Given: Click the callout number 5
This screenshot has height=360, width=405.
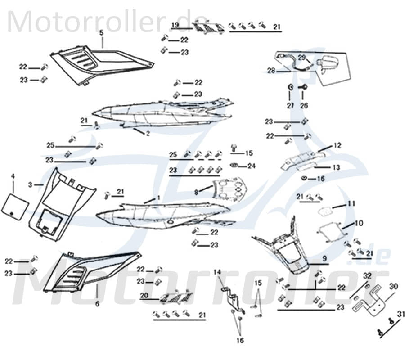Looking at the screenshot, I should tap(101, 32).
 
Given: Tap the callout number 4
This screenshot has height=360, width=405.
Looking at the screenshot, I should tap(13, 175).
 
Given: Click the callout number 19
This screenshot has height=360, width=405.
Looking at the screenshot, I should tap(175, 24).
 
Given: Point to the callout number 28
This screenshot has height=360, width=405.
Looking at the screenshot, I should tap(271, 71).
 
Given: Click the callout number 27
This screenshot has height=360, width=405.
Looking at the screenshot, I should tap(291, 105).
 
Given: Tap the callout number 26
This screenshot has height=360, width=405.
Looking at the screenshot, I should tap(304, 105).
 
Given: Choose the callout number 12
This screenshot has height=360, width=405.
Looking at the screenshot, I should tap(337, 145).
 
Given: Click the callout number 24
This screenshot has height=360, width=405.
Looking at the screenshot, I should tap(251, 166).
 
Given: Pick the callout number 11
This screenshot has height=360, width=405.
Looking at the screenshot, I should tap(351, 204).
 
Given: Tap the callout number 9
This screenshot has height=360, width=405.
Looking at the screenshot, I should tap(324, 259).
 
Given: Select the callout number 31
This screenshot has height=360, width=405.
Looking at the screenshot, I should tap(400, 314).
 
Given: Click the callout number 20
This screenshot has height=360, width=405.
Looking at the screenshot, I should tap(144, 296).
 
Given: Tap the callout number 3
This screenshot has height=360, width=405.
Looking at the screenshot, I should tap(30, 184).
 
